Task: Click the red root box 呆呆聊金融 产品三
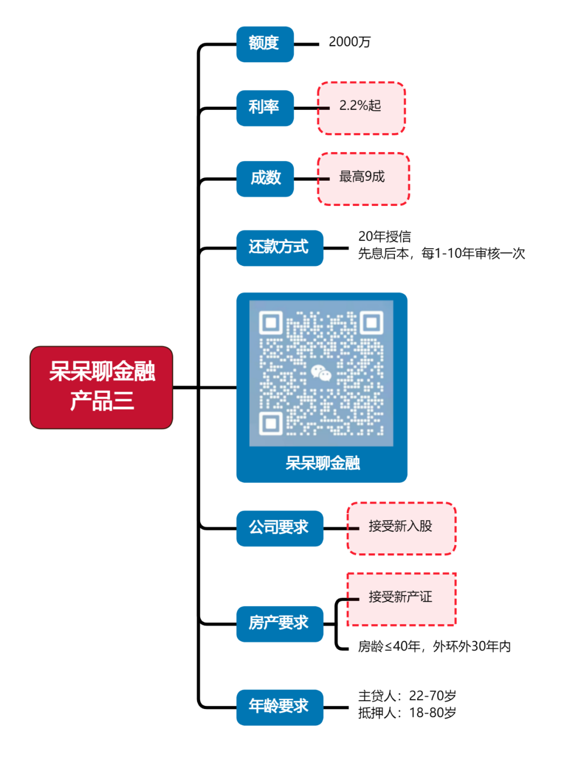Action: (101, 387)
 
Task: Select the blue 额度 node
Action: (265, 44)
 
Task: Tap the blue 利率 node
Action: (265, 108)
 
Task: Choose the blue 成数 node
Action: (265, 179)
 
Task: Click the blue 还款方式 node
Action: (279, 248)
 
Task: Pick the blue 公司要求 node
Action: (279, 528)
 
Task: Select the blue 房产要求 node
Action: (279, 623)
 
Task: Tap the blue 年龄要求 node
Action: (279, 707)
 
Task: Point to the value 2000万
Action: (349, 42)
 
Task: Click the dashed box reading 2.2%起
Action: (361, 108)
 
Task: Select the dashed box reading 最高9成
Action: (363, 179)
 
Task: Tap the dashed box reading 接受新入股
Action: (401, 528)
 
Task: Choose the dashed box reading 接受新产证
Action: (401, 599)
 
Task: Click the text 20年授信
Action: (384, 237)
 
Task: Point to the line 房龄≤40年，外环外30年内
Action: (434, 647)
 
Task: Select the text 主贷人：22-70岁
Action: (407, 696)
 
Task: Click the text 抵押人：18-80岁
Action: (407, 713)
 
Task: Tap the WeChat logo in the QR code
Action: (321, 373)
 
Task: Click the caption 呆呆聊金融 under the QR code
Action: (322, 463)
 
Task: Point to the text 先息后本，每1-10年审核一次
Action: (441, 254)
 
